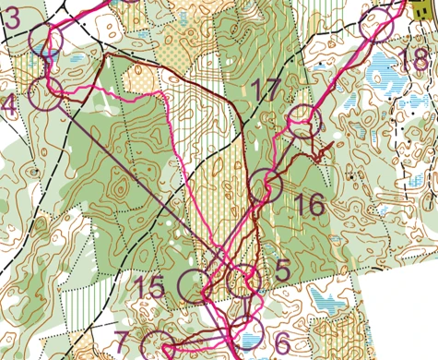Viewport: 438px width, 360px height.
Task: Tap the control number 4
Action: [x=9, y=106]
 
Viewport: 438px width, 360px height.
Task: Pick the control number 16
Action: [x=312, y=205]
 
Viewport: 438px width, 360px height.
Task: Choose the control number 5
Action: [x=282, y=271]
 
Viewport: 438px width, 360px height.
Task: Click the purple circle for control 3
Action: [x=45, y=41]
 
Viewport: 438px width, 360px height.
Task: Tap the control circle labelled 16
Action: [x=266, y=186]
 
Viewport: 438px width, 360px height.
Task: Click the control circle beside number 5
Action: [x=243, y=280]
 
